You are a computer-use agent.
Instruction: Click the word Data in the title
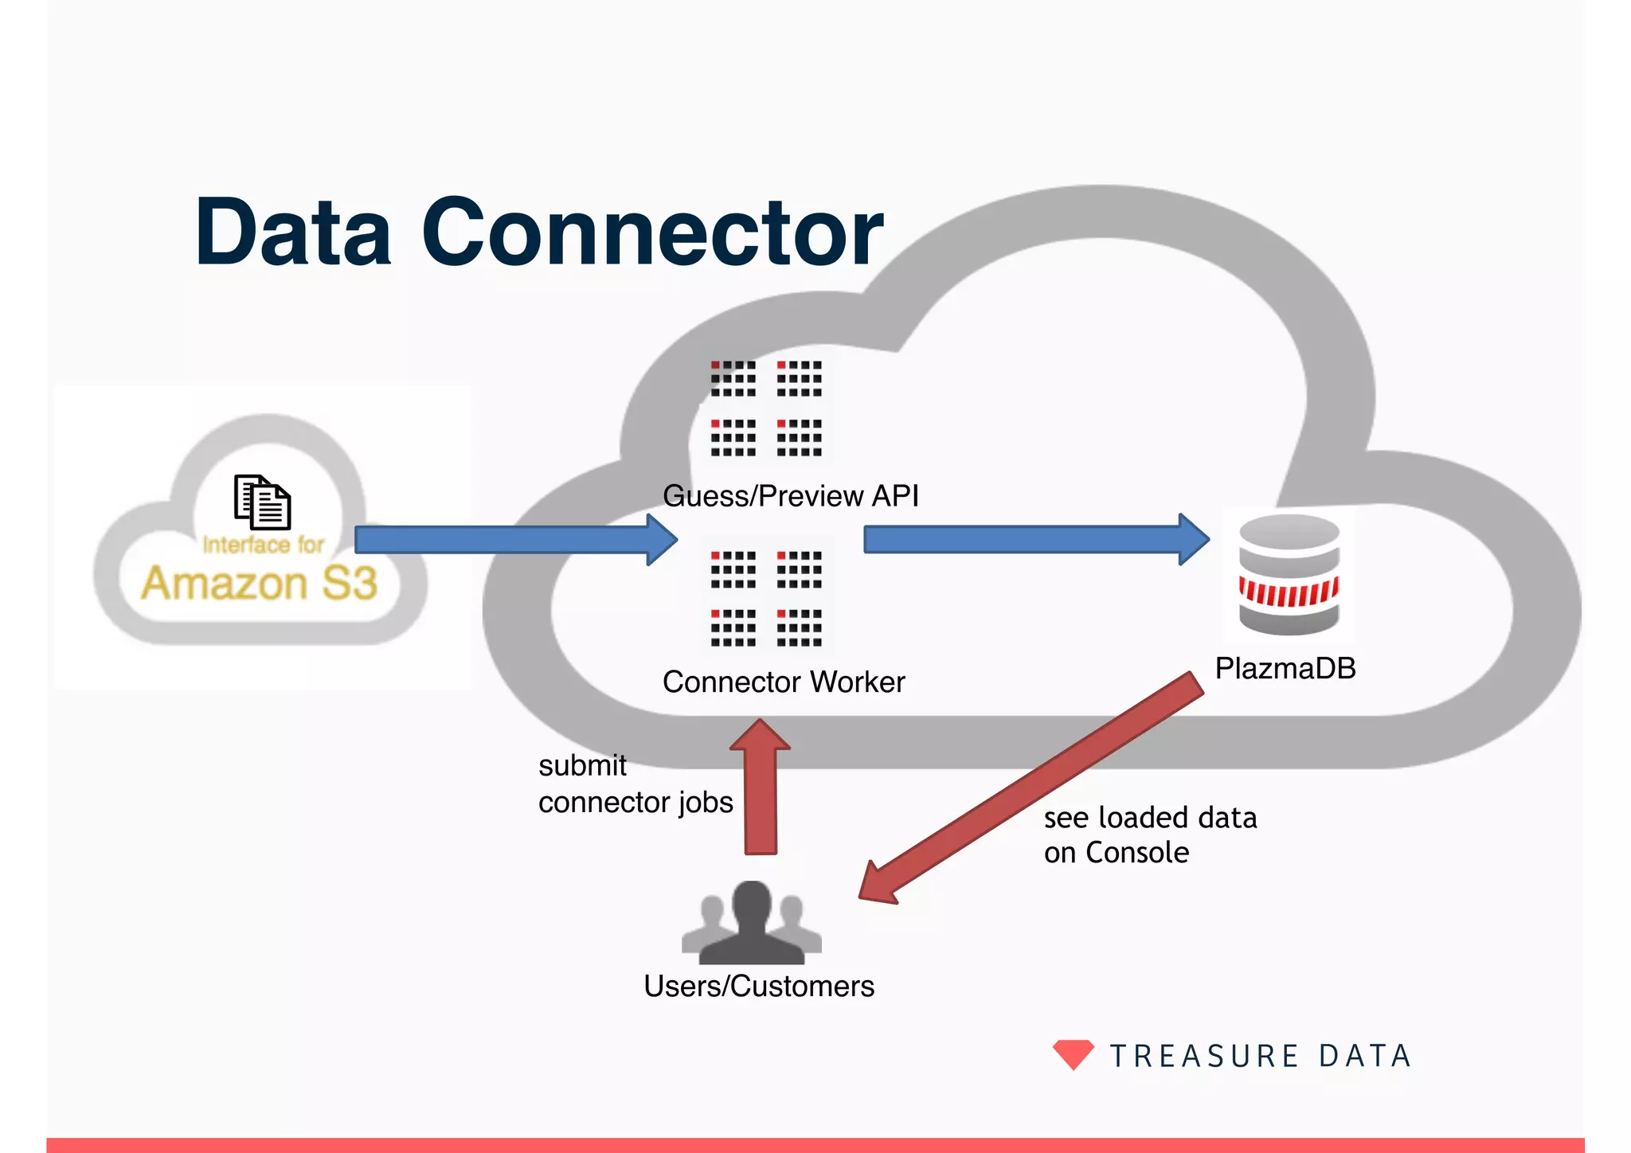[x=293, y=233]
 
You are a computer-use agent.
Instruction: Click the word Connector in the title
[x=651, y=233]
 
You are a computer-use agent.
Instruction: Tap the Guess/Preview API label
[x=790, y=496]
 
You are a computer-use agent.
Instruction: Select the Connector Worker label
[x=784, y=682]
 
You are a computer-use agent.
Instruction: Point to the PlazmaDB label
[x=1285, y=668]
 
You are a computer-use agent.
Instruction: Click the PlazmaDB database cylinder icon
[x=1289, y=575]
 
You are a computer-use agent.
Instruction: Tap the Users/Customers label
[x=758, y=987]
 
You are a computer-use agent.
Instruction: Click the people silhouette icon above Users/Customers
[x=751, y=924]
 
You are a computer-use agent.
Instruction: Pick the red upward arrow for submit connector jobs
[x=761, y=788]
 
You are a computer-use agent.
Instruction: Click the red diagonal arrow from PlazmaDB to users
[x=1035, y=788]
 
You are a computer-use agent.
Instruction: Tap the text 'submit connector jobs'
[x=635, y=784]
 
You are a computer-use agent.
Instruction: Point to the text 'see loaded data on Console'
[x=1149, y=835]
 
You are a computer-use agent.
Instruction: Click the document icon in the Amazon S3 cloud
[x=262, y=502]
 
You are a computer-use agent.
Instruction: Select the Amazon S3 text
[x=260, y=584]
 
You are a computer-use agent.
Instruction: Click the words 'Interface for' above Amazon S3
[x=263, y=545]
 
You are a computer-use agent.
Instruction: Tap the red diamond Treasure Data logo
[x=1073, y=1054]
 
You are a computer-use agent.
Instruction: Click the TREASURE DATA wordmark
[x=1261, y=1057]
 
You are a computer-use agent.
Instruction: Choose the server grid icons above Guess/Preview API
[x=766, y=408]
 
